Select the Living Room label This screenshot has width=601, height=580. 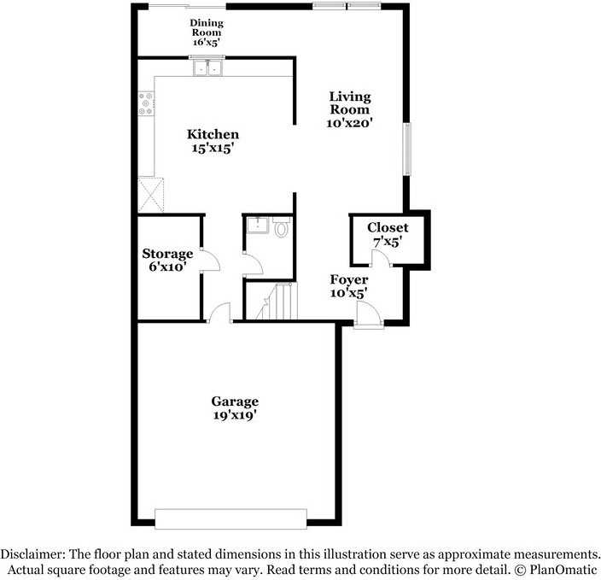coord(350,103)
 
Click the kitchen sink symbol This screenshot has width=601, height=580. coord(206,68)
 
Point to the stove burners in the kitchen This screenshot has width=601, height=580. coord(146,103)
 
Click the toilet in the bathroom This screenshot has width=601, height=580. coord(281,228)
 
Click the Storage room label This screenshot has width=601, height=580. coord(167,254)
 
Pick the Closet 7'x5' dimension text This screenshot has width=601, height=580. coord(387,243)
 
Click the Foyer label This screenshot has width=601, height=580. coord(349,280)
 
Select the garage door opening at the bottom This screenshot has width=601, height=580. coord(230,518)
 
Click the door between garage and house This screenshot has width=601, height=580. coord(221,313)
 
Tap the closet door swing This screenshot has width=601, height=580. coord(381,259)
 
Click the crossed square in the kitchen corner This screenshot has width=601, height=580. coord(151,193)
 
